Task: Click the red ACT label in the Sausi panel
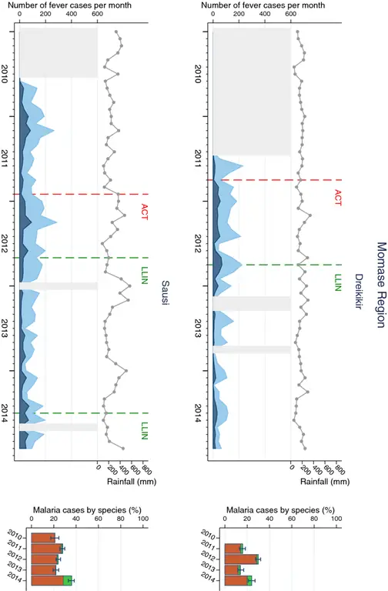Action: (x=144, y=212)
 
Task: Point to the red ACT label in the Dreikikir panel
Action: (x=337, y=198)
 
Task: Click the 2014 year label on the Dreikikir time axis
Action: (x=200, y=412)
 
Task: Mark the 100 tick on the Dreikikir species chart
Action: (x=336, y=519)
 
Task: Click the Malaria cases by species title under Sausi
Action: (x=86, y=509)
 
